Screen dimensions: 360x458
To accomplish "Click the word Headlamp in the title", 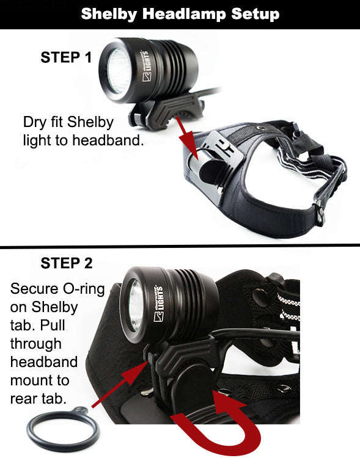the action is tap(184, 13).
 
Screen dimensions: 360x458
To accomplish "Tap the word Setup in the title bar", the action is tap(255, 15).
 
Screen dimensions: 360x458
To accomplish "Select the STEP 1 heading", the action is tap(66, 57).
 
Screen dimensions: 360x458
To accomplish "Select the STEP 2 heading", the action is tap(67, 263).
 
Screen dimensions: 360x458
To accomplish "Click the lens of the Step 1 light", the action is tap(119, 71).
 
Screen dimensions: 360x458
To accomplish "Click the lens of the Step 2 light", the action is tap(136, 305).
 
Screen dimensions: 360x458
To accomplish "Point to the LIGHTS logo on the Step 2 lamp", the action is tap(159, 303).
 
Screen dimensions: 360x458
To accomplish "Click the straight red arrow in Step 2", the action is tap(122, 383).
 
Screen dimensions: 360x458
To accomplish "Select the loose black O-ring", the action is tap(63, 429).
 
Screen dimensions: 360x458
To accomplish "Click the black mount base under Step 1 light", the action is tap(167, 111).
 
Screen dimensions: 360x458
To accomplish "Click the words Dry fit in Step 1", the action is tap(43, 122).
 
